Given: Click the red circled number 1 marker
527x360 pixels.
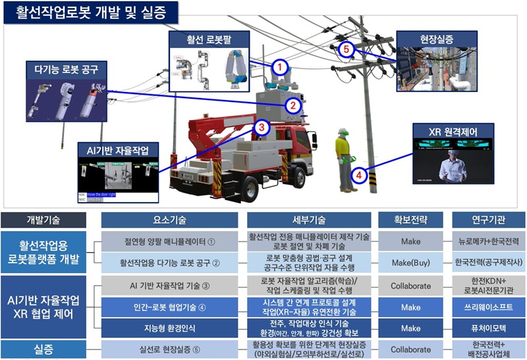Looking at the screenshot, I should (281, 66).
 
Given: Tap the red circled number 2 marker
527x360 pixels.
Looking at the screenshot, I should (294, 104).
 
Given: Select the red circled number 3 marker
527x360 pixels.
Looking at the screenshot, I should (262, 127).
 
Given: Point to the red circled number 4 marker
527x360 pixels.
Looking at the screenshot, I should (358, 176).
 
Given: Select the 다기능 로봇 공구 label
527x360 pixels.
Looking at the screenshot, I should (66, 68).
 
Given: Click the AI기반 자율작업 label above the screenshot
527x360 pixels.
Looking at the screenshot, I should (117, 149).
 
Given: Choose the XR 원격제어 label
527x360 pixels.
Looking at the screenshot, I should (453, 130).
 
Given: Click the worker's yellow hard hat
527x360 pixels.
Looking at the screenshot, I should (341, 132).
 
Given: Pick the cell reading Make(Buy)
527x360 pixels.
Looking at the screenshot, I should (410, 263).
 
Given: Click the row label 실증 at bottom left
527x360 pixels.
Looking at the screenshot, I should (43, 349).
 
